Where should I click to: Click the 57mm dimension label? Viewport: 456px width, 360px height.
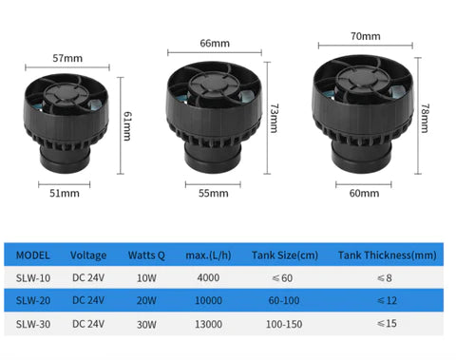pos(66,57)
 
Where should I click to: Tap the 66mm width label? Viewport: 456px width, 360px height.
pos(212,43)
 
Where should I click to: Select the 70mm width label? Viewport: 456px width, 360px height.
pos(366,36)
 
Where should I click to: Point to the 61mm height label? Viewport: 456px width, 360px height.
pos(126,123)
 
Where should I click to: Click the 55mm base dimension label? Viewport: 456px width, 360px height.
pos(214,193)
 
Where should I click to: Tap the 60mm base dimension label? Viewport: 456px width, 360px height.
pos(364,193)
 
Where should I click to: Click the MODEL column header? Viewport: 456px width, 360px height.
pos(33,255)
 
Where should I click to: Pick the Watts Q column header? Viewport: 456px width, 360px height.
pos(147,255)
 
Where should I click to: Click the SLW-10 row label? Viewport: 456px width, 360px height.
pos(34,277)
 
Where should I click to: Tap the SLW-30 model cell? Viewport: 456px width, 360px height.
pos(34,325)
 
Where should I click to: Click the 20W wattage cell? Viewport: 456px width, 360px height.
pos(147,301)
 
